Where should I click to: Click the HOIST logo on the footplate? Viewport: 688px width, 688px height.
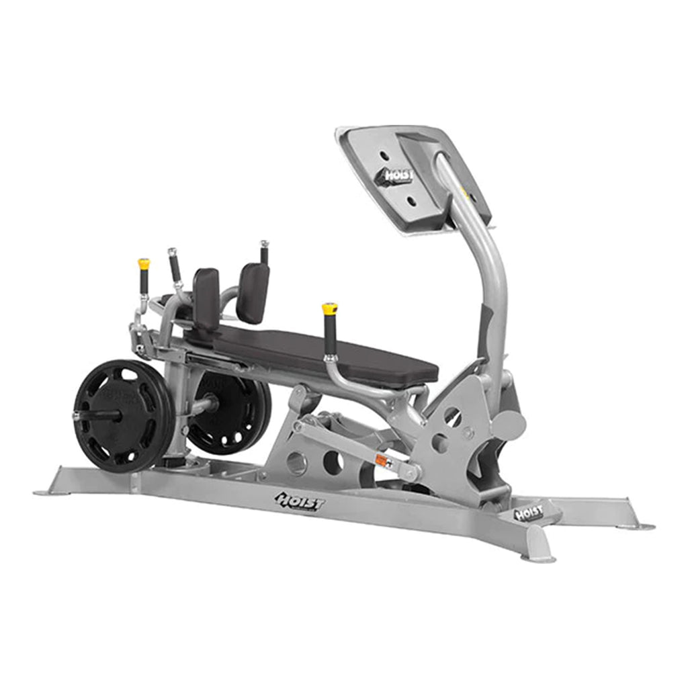click(x=399, y=177)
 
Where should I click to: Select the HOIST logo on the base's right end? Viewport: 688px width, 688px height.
click(x=529, y=513)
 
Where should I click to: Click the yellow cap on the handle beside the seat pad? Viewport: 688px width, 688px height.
click(x=329, y=309)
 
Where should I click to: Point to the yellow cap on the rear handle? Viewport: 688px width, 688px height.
click(x=144, y=264)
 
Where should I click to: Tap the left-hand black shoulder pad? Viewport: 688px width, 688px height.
click(x=206, y=298)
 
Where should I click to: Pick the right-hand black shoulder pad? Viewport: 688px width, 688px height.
click(x=253, y=292)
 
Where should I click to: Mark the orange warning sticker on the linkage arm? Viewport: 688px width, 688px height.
click(x=383, y=461)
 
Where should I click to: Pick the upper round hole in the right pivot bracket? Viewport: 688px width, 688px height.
click(x=452, y=417)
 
